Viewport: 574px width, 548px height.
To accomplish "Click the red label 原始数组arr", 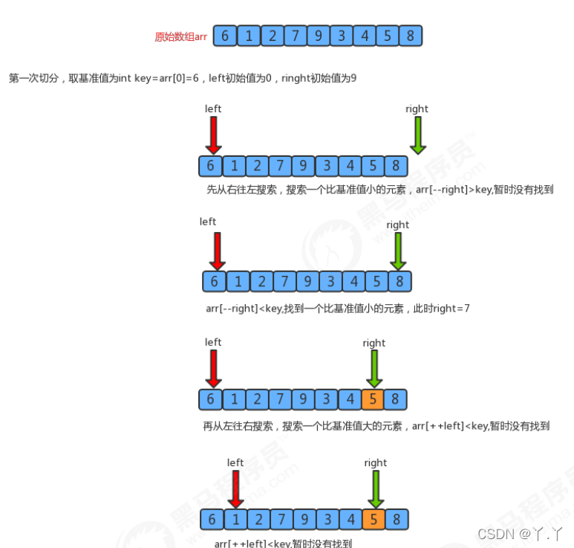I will pos(180,36).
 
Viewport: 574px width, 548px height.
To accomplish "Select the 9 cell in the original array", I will pos(317,36).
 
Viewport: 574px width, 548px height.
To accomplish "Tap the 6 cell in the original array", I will pos(225,36).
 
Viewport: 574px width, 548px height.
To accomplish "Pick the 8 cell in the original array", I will pos(410,36).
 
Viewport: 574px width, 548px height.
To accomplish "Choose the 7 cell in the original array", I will pos(295,36).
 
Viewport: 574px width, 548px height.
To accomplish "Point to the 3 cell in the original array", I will pos(341,36).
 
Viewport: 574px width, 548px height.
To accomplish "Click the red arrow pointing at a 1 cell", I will pos(236,489).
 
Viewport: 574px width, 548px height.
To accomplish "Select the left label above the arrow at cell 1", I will pos(235,462).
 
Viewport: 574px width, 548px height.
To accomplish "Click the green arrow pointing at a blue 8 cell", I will pos(399,251).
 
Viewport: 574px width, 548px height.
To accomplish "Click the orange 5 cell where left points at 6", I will pos(373,399).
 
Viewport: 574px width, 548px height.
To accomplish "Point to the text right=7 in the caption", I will pos(452,308).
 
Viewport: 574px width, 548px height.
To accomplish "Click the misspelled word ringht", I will pos(296,78).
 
